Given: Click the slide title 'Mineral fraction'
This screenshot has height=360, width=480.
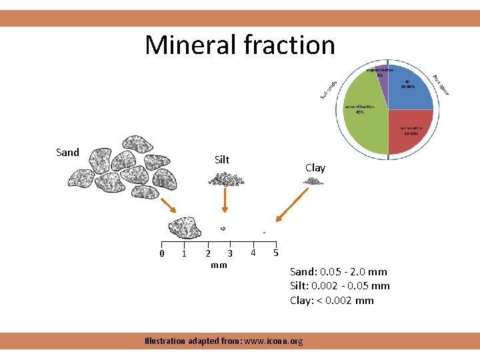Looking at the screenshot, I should [x=240, y=45].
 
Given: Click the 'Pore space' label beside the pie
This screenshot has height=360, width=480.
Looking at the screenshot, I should [x=440, y=84].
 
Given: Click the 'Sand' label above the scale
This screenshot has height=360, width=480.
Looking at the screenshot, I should [x=67, y=152].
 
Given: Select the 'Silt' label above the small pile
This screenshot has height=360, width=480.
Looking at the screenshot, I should [x=222, y=159].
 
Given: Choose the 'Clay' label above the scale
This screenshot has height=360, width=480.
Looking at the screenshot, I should [x=315, y=167].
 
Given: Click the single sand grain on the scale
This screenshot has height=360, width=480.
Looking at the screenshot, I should [x=185, y=227].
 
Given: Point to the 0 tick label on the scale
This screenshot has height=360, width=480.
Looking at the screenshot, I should [x=161, y=253].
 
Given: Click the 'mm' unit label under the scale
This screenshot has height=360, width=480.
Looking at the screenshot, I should [x=219, y=265].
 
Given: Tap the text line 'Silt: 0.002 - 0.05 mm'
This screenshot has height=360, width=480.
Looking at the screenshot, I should [x=340, y=286].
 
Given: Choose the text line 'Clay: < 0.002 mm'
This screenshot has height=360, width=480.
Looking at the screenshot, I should [x=332, y=300].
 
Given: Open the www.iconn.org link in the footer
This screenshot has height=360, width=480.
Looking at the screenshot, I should [x=274, y=341].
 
